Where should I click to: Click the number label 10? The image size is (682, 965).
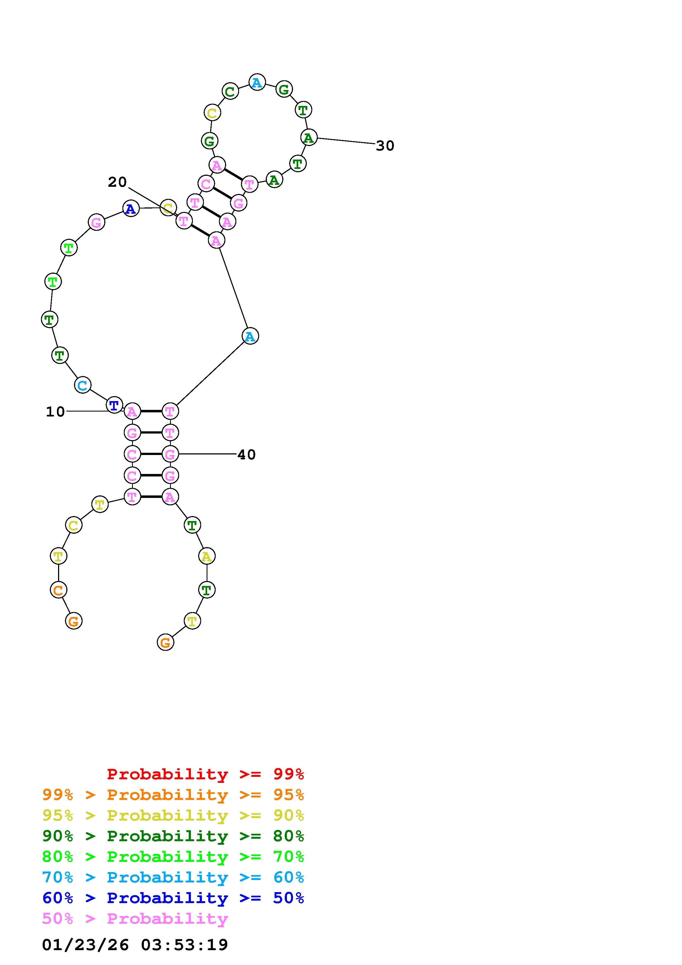tap(55, 412)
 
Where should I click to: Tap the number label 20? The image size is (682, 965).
tap(117, 182)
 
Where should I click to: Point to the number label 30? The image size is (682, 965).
tap(385, 146)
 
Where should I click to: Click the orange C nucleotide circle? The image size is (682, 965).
tap(58, 590)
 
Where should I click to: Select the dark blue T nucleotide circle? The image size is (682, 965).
tap(114, 405)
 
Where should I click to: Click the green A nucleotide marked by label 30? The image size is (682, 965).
tap(309, 138)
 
